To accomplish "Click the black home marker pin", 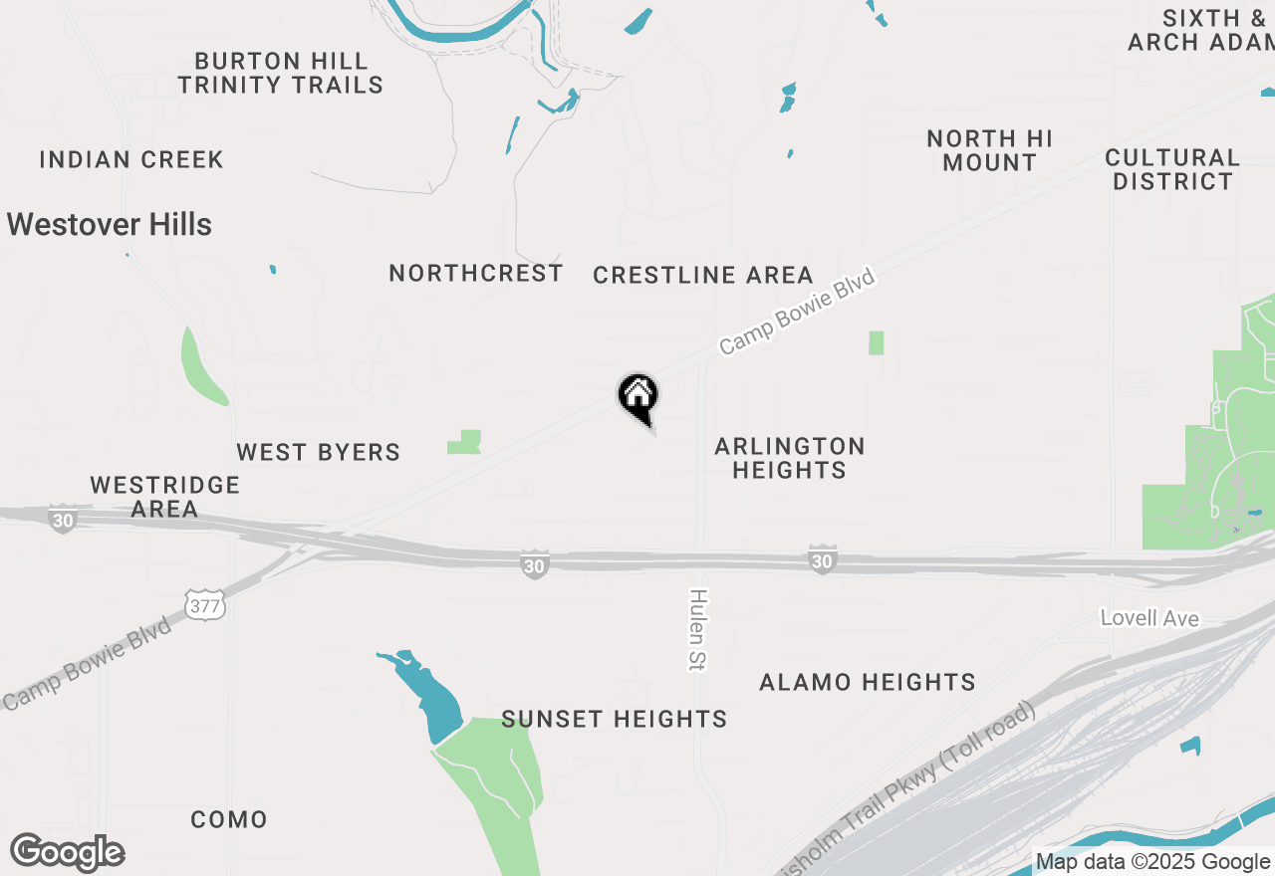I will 638,396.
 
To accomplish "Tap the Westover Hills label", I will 110,225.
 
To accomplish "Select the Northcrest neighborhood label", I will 476,274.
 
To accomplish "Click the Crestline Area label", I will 703,276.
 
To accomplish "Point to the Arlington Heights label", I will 790,458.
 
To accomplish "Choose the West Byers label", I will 319,453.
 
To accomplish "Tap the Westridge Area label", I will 165,497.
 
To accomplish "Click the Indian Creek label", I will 131,160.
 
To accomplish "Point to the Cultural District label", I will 1172,169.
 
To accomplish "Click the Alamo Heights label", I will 868,683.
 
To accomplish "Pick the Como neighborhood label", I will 229,820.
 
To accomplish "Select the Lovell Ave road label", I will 1149,619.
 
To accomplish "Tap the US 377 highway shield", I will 204,604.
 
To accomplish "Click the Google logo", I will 68,853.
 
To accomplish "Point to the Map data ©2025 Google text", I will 1152,862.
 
